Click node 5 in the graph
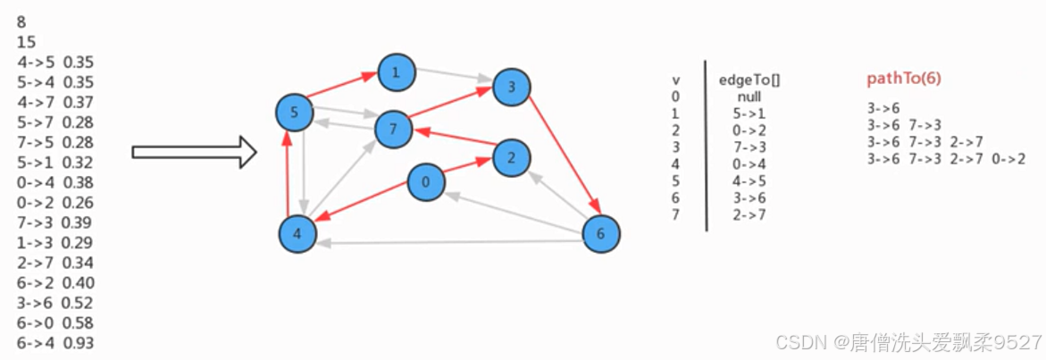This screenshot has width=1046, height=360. pyautogui.click(x=295, y=113)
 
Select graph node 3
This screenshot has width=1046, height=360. pyautogui.click(x=511, y=87)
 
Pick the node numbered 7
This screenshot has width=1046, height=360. pyautogui.click(x=392, y=130)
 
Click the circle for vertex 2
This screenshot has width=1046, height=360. pyautogui.click(x=510, y=157)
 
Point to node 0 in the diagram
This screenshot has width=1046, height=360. pyautogui.click(x=426, y=183)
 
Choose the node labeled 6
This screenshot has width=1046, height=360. pyautogui.click(x=600, y=234)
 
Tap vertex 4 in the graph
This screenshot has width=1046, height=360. pyautogui.click(x=297, y=234)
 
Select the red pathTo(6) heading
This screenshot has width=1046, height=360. pyautogui.click(x=904, y=79)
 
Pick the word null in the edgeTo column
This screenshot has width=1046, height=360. pyautogui.click(x=749, y=96)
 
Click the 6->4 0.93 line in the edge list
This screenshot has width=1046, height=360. pyautogui.click(x=55, y=343)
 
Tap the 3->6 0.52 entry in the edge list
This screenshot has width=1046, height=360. pyautogui.click(x=55, y=302)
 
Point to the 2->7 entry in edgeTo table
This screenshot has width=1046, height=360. pyautogui.click(x=749, y=214)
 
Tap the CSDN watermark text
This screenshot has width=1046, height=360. pyautogui.click(x=908, y=342)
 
